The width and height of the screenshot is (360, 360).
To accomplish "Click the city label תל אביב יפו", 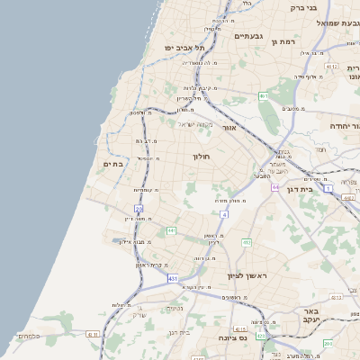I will point(185,47).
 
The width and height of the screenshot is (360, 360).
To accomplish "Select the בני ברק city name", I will point(303,7).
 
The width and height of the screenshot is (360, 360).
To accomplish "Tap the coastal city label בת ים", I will point(112,164).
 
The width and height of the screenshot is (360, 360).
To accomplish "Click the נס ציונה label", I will point(232,337).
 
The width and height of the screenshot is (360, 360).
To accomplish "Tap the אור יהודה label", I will point(344,126).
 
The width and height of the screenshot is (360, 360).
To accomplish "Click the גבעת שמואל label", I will point(338,22).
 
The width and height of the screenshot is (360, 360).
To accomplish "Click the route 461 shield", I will point(264,95).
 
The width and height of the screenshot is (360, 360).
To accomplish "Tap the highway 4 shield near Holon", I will point(224,215).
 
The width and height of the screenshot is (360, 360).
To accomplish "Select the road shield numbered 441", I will point(171,230).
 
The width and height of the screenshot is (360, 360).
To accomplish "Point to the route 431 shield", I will point(173,279).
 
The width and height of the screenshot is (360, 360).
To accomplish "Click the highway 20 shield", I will point(139,208).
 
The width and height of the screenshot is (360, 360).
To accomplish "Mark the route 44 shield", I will point(274,186).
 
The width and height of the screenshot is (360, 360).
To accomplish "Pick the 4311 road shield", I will point(92,334).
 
